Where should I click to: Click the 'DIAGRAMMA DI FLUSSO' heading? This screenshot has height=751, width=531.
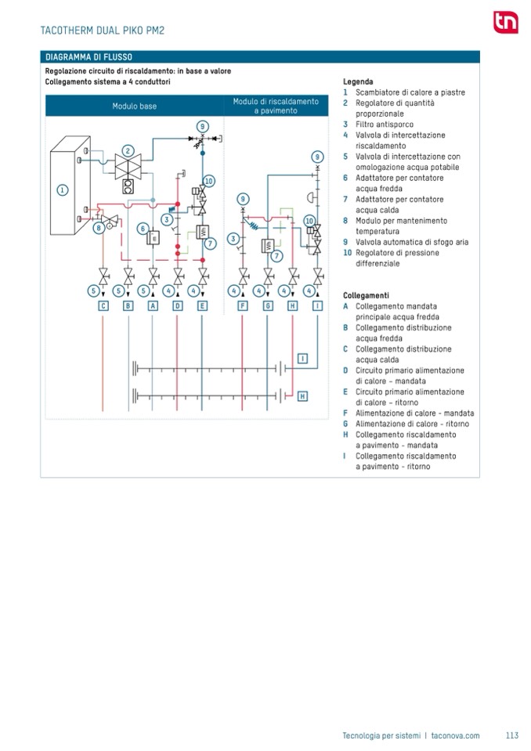pyautogui.click(x=88, y=57)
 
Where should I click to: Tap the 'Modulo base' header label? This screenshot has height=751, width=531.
pyautogui.click(x=134, y=106)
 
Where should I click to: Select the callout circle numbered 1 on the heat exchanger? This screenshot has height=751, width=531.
pyautogui.click(x=63, y=189)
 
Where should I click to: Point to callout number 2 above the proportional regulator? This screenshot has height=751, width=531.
pyautogui.click(x=127, y=150)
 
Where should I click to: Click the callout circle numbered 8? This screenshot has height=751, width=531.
pyautogui.click(x=98, y=228)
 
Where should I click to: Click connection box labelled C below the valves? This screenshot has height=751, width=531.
pyautogui.click(x=103, y=306)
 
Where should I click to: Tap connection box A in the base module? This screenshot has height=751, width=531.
pyautogui.click(x=153, y=306)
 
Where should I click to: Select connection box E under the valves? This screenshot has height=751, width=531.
pyautogui.click(x=202, y=306)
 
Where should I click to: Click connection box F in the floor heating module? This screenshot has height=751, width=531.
pyautogui.click(x=243, y=306)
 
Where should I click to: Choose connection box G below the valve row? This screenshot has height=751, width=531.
pyautogui.click(x=268, y=306)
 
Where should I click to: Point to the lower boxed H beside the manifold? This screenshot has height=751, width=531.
pyautogui.click(x=302, y=396)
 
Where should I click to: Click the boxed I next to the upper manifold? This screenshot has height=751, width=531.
pyautogui.click(x=302, y=359)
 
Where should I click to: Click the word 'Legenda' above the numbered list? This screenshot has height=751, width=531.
pyautogui.click(x=358, y=81)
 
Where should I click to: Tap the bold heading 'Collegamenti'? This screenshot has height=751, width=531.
pyautogui.click(x=366, y=295)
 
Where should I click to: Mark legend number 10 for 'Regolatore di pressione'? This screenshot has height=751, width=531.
pyautogui.click(x=347, y=253)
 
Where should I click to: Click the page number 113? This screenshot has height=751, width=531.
pyautogui.click(x=512, y=735)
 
